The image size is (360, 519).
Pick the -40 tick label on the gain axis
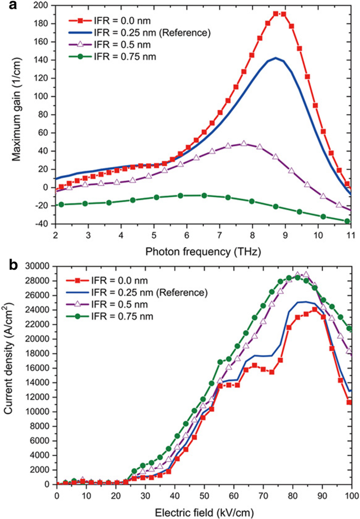(42, 223)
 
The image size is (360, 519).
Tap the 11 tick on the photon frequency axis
(351, 235)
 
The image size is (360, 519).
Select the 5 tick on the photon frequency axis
(153, 235)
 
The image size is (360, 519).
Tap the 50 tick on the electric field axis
(204, 494)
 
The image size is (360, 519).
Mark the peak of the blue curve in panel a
(275, 58)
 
